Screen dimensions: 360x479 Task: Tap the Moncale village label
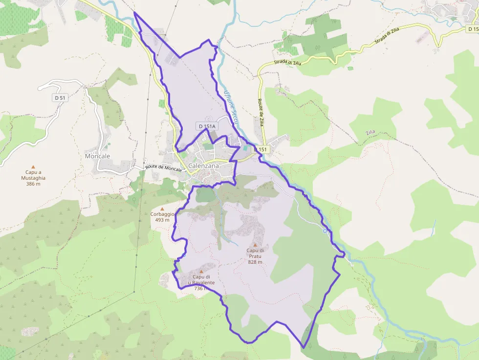click(x=97, y=156)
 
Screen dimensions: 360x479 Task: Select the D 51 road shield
click(x=60, y=98)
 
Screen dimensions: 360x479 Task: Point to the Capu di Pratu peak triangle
click(x=255, y=245)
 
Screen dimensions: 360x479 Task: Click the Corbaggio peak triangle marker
click(x=162, y=209)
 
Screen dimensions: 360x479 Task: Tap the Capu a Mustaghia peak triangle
click(x=33, y=167)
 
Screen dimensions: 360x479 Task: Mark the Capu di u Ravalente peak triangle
click(x=201, y=271)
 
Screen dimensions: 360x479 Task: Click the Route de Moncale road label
click(x=164, y=168)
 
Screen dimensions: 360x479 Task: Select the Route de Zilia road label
click(x=261, y=112)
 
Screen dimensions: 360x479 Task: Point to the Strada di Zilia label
click(x=288, y=63)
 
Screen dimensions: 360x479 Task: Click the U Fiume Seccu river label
click(x=230, y=106)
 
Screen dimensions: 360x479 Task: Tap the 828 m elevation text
click(x=255, y=262)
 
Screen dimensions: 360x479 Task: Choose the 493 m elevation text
click(x=162, y=220)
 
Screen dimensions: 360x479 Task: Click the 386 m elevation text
click(x=33, y=184)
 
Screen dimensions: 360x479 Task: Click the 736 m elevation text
click(x=201, y=289)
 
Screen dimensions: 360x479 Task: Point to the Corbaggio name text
click(x=162, y=214)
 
